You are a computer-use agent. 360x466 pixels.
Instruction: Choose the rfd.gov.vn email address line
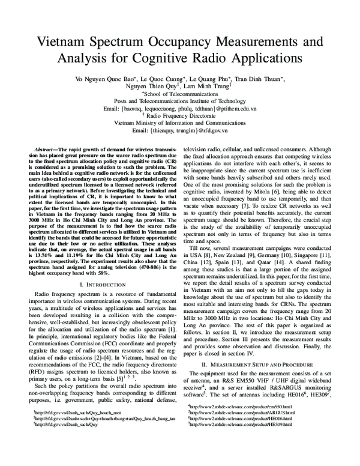[x=180, y=130]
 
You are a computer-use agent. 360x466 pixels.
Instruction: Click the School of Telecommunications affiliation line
[x=180, y=94]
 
